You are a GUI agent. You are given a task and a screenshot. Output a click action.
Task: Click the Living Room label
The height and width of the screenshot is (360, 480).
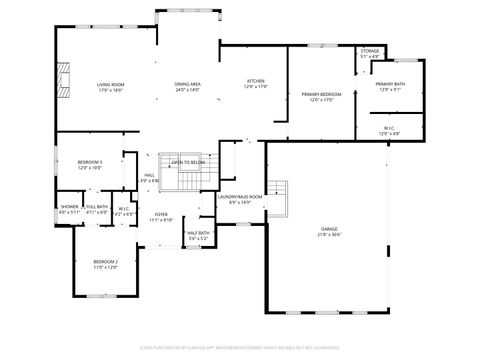[x=110, y=87]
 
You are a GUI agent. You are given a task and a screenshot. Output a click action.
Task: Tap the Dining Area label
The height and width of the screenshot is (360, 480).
[x=188, y=87]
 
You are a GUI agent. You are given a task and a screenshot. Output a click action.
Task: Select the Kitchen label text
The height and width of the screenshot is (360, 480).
[x=257, y=84]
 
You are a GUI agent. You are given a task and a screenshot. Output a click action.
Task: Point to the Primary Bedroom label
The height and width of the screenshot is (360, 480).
[x=321, y=97]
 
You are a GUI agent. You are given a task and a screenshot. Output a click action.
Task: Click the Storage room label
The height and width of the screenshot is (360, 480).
[x=370, y=53]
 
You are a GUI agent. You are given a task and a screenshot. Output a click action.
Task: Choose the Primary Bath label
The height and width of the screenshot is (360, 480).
[x=391, y=87]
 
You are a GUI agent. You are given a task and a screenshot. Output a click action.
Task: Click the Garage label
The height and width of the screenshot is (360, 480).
[x=329, y=232]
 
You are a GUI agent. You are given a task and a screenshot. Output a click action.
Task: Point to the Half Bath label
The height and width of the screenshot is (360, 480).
[x=198, y=235]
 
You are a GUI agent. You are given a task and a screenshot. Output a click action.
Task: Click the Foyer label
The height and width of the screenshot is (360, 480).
[x=161, y=216]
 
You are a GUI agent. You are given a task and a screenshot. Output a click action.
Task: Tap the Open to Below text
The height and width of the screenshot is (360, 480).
[x=187, y=162]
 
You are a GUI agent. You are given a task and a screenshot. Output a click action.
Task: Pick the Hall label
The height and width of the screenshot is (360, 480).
[x=149, y=178]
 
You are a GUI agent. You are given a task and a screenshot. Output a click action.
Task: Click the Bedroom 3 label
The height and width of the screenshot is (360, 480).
[x=91, y=164]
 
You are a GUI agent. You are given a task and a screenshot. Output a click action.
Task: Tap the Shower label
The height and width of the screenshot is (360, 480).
[x=69, y=209]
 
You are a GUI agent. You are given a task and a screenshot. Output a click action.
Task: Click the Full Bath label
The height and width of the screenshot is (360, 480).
[x=96, y=209]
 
